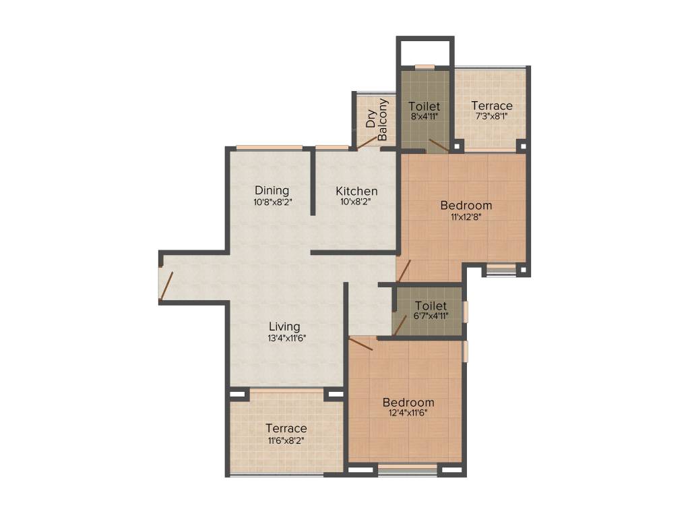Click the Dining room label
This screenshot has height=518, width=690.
pyautogui.click(x=272, y=190)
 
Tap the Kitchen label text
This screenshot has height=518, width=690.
pyautogui.click(x=356, y=192)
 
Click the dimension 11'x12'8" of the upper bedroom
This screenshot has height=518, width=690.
pyautogui.click(x=466, y=217)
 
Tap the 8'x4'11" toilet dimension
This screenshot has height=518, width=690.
pyautogui.click(x=425, y=116)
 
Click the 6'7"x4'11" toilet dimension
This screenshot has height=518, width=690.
pyautogui.click(x=431, y=316)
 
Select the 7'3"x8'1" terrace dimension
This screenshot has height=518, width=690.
pyautogui.click(x=491, y=116)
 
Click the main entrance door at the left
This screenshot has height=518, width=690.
pyautogui.click(x=166, y=284)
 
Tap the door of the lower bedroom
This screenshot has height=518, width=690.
pyautogui.click(x=360, y=344)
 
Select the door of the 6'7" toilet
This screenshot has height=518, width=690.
pyautogui.click(x=400, y=324)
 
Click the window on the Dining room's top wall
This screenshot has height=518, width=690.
pyautogui.click(x=269, y=148)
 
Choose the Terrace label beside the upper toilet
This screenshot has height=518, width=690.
pyautogui.click(x=491, y=106)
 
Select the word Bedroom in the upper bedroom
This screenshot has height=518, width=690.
pyautogui.click(x=466, y=205)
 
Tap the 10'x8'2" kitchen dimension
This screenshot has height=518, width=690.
pyautogui.click(x=356, y=202)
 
